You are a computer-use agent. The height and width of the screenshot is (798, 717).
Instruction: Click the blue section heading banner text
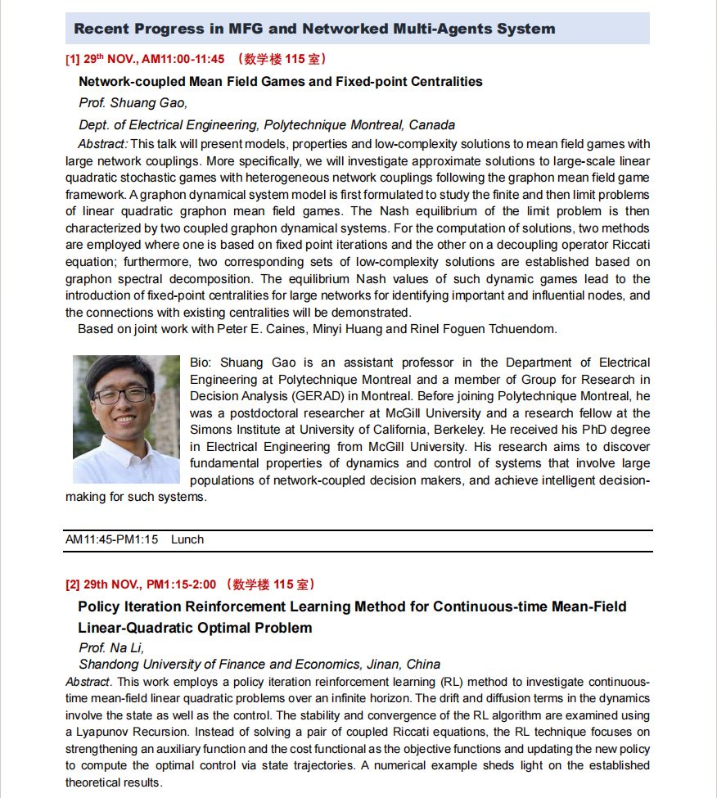pyautogui.click(x=314, y=29)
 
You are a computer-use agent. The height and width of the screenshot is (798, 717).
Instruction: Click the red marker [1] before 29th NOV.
pyautogui.click(x=73, y=60)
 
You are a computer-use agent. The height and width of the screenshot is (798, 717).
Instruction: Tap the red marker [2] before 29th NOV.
pyautogui.click(x=73, y=584)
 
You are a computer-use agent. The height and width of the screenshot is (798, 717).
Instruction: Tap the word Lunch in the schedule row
pyautogui.click(x=187, y=539)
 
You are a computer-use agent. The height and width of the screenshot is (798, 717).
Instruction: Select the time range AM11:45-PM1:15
pyautogui.click(x=111, y=539)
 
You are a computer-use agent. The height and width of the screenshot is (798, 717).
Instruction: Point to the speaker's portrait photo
pyautogui.click(x=126, y=418)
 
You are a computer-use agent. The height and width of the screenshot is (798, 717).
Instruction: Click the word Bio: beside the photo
pyautogui.click(x=201, y=363)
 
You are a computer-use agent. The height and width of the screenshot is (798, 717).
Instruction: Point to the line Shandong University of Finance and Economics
pyautogui.click(x=259, y=665)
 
